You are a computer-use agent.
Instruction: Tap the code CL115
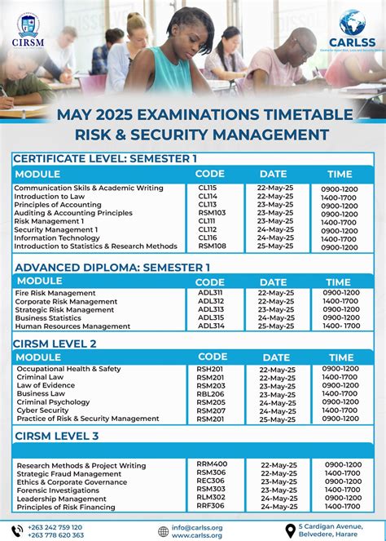pyautogui.click(x=208, y=188)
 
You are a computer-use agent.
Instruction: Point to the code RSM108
pyautogui.click(x=211, y=246)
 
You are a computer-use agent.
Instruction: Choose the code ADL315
pyautogui.click(x=211, y=317)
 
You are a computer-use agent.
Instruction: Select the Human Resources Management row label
pyautogui.click(x=72, y=326)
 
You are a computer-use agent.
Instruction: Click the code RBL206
pyautogui.click(x=211, y=393)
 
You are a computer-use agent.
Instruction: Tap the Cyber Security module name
pyautogui.click(x=43, y=410)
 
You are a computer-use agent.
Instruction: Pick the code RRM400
pyautogui.click(x=212, y=464)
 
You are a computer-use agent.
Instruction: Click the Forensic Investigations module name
pyautogui.click(x=59, y=490)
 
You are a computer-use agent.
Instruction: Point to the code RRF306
pyautogui.click(x=211, y=506)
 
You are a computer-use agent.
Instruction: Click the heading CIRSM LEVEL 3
pyautogui.click(x=56, y=436)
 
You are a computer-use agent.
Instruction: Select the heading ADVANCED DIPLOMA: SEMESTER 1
pyautogui.click(x=112, y=267)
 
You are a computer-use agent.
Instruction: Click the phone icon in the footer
pyautogui.click(x=17, y=530)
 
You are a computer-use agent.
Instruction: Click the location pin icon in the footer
pyautogui.click(x=290, y=530)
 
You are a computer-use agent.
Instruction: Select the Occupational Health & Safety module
pyautogui.click(x=68, y=369)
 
